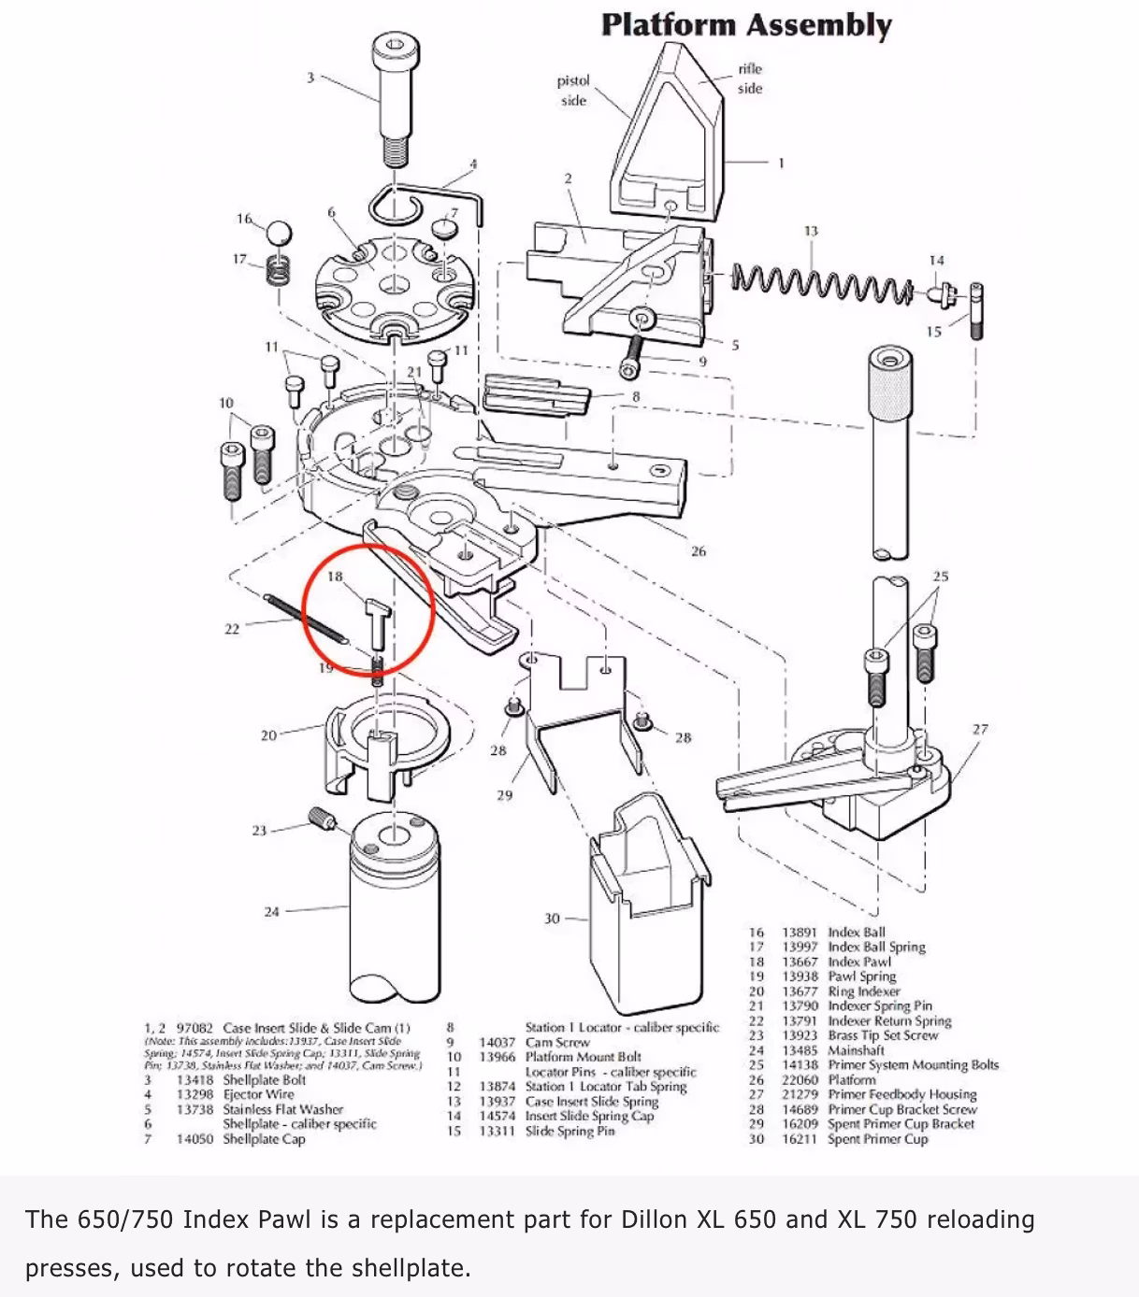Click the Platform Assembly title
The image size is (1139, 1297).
click(x=746, y=24)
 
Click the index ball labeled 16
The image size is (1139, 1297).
click(x=279, y=233)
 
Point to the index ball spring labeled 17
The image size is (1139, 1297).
click(x=277, y=270)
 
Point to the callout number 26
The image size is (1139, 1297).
click(x=698, y=551)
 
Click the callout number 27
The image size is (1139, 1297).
click(x=979, y=729)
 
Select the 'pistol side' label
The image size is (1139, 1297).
click(x=573, y=91)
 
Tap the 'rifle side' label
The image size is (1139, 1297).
click(x=749, y=78)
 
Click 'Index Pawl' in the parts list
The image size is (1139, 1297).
click(x=858, y=962)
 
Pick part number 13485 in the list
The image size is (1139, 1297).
click(x=800, y=1050)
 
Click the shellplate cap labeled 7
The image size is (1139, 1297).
click(x=445, y=228)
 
